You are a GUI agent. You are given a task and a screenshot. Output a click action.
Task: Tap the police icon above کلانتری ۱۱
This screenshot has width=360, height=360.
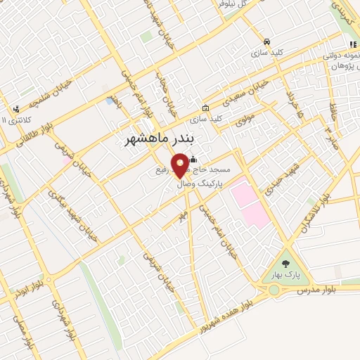[x=15, y=109]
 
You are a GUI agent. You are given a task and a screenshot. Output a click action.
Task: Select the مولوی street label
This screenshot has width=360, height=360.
[x=245, y=120]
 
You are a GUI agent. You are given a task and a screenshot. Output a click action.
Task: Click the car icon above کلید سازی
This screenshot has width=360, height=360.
[x=266, y=41]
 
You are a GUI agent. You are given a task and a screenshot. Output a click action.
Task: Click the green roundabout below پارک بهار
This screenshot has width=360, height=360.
[x=274, y=290]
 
